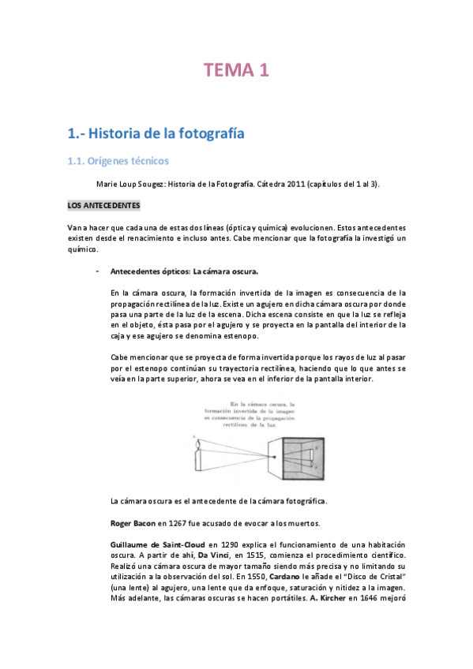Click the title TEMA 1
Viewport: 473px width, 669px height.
pyautogui.click(x=237, y=70)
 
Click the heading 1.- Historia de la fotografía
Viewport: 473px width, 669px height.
pyautogui.click(x=156, y=133)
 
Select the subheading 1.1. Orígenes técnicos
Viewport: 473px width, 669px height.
pyautogui.click(x=118, y=162)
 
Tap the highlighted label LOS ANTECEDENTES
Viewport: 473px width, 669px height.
pyautogui.click(x=103, y=206)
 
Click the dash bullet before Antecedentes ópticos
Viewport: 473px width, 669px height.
pyautogui.click(x=96, y=271)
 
